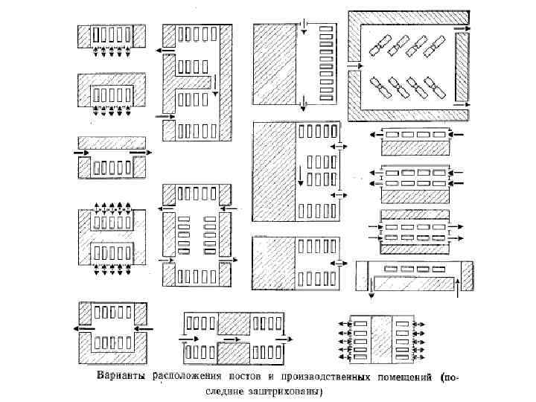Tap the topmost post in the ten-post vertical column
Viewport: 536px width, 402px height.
pos(325,28)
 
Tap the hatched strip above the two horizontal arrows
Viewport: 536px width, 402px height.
pos(112,141)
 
